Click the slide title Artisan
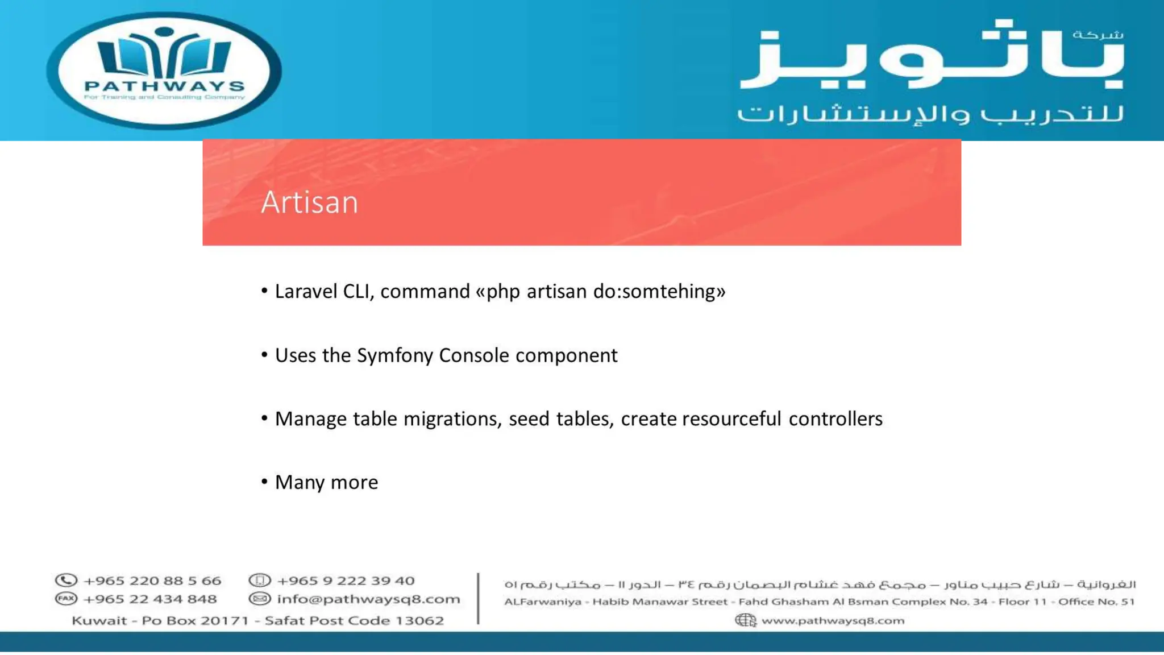click(x=310, y=202)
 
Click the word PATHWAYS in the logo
click(x=164, y=86)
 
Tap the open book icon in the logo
click(x=164, y=55)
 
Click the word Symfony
click(x=395, y=356)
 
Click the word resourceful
click(x=731, y=420)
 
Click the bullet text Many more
click(x=326, y=483)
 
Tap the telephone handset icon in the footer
click(x=66, y=581)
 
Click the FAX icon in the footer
click(x=66, y=599)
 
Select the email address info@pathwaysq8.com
click(x=368, y=599)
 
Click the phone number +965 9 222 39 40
click(x=346, y=581)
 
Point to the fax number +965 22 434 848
click(x=150, y=599)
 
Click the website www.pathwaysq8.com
click(x=833, y=620)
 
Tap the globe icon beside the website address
click(x=745, y=620)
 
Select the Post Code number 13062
click(x=419, y=620)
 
